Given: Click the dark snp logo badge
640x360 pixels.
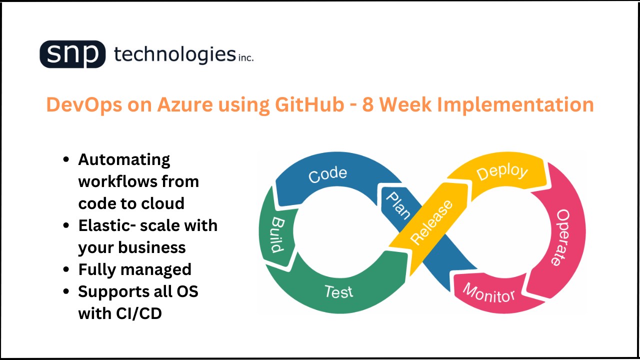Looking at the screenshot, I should pos(72,54).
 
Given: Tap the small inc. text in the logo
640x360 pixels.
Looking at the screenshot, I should pos(245,58).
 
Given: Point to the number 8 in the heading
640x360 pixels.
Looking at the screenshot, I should pos(368,105).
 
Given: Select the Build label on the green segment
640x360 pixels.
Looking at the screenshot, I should pos(277,235).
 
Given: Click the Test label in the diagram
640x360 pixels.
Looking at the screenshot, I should pos(338,291).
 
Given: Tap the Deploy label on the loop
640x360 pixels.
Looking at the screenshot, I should pos(501,172).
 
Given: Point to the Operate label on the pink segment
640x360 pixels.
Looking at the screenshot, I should pos(562,237).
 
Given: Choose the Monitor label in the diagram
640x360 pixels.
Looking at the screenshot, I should pos(488,292).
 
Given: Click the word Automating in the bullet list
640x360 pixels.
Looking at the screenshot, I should pos(124,159).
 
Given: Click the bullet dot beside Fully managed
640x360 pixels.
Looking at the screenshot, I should pos(66,269).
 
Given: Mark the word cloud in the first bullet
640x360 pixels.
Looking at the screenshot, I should pos(159,203).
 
